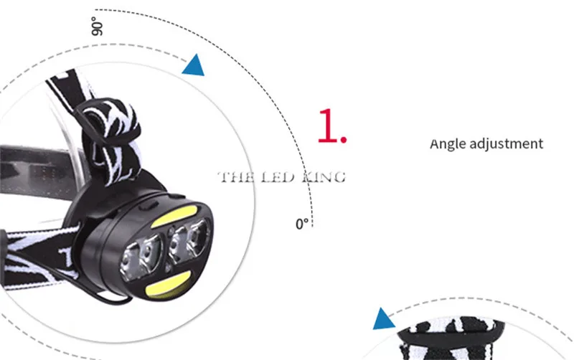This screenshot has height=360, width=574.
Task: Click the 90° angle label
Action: click(x=97, y=27)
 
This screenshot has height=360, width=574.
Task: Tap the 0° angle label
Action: click(x=302, y=224)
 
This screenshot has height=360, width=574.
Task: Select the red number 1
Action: click(x=327, y=125)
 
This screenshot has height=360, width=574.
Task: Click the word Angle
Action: click(x=448, y=143)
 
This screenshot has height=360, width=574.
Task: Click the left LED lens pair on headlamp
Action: click(x=141, y=257)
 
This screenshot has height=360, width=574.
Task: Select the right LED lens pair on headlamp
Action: click(x=188, y=240)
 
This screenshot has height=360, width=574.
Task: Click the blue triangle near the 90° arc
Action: click(x=194, y=66)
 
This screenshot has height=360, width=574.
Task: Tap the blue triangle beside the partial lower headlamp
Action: click(x=383, y=319)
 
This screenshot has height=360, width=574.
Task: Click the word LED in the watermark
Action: click(x=278, y=177)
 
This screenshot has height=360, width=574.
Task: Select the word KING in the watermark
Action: click(x=324, y=177)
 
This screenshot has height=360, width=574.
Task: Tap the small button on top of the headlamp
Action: click(x=149, y=206)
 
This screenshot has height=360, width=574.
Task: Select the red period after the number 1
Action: click(x=344, y=139)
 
